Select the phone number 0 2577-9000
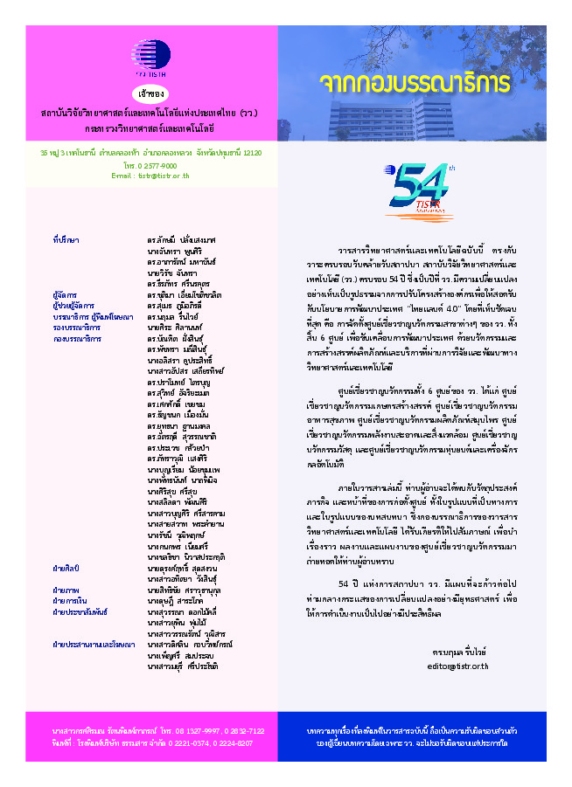151,164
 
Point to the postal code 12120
249,152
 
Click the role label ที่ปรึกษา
66,238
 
